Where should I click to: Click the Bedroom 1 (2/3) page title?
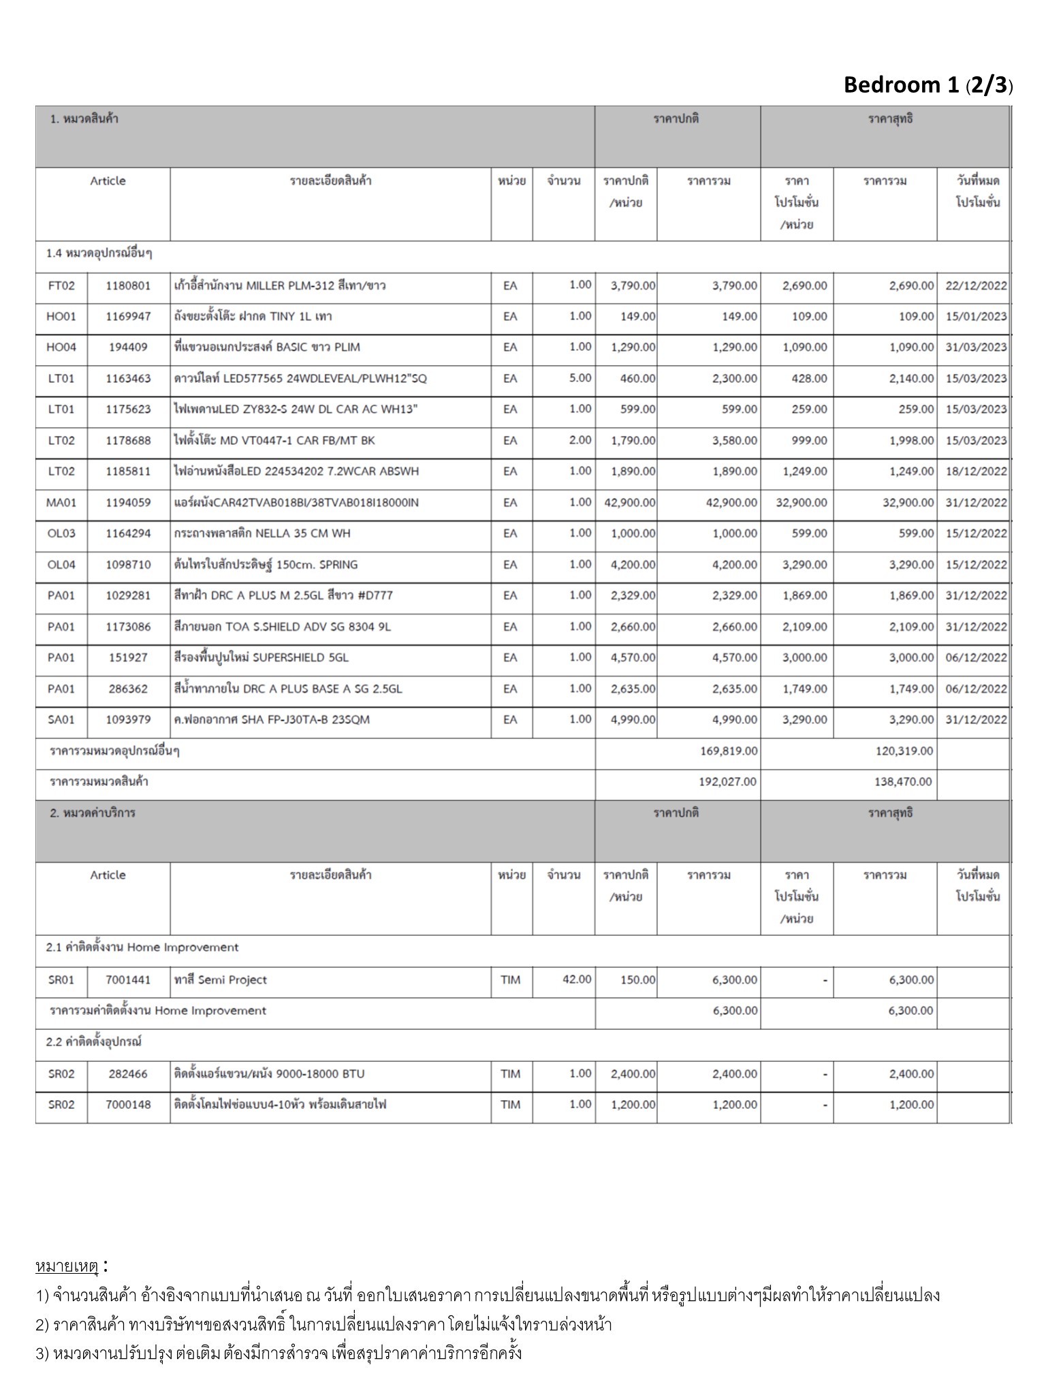[928, 85]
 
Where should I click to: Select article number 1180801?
[128, 285]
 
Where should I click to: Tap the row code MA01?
[61, 503]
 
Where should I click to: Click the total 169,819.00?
[728, 751]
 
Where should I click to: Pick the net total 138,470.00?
[903, 782]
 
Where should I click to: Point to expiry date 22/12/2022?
[975, 285]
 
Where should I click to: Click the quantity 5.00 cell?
[580, 378]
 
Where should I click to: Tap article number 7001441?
[128, 979]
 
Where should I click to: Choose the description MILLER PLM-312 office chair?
[279, 285]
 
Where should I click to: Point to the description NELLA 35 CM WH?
[262, 533]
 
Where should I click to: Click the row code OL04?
[61, 565]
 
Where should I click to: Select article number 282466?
[128, 1073]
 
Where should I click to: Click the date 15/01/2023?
[975, 317]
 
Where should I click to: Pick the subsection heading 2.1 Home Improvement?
[142, 947]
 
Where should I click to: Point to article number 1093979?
[128, 719]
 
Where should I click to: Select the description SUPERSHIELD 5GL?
[261, 657]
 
